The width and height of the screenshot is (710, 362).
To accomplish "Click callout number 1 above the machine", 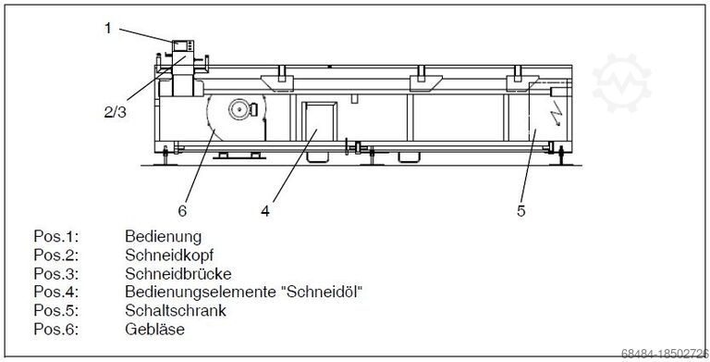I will click(107, 27).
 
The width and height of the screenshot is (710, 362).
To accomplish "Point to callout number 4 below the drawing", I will click(265, 210).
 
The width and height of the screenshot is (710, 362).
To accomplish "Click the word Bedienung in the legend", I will click(163, 236).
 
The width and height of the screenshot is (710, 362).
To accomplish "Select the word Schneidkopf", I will click(167, 255).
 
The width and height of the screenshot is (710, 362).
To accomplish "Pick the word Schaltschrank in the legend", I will click(176, 310).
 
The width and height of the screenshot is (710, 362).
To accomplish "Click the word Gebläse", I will click(153, 329).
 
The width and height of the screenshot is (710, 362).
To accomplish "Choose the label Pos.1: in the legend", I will click(55, 236).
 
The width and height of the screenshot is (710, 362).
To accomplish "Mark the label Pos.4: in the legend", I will click(55, 292).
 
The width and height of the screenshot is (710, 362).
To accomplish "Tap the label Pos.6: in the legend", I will click(55, 329).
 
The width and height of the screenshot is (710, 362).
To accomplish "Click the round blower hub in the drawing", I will click(239, 109).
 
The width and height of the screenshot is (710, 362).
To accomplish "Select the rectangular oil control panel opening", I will click(316, 127).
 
